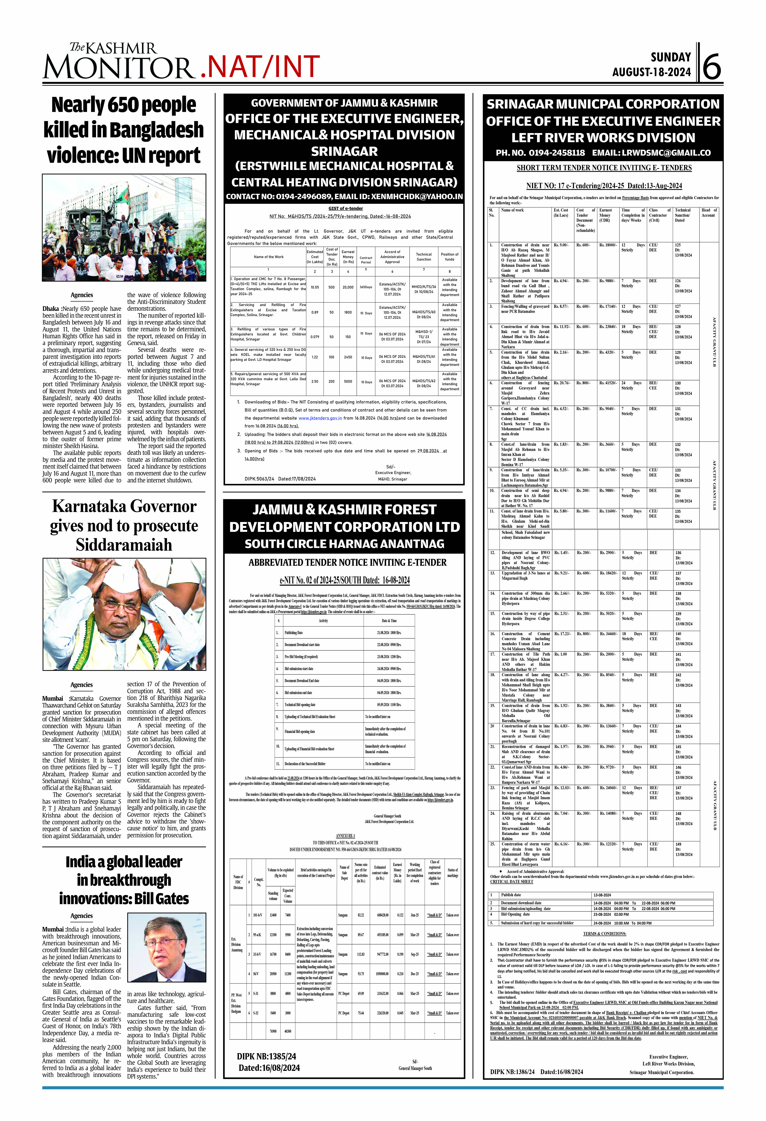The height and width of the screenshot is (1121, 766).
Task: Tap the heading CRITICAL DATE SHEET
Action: pos(512,881)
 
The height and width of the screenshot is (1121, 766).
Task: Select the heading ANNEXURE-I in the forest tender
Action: pos(345,835)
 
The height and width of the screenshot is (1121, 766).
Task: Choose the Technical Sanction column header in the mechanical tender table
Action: pos(424,257)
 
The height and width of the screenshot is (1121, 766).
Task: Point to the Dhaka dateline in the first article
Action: pos(51,309)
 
